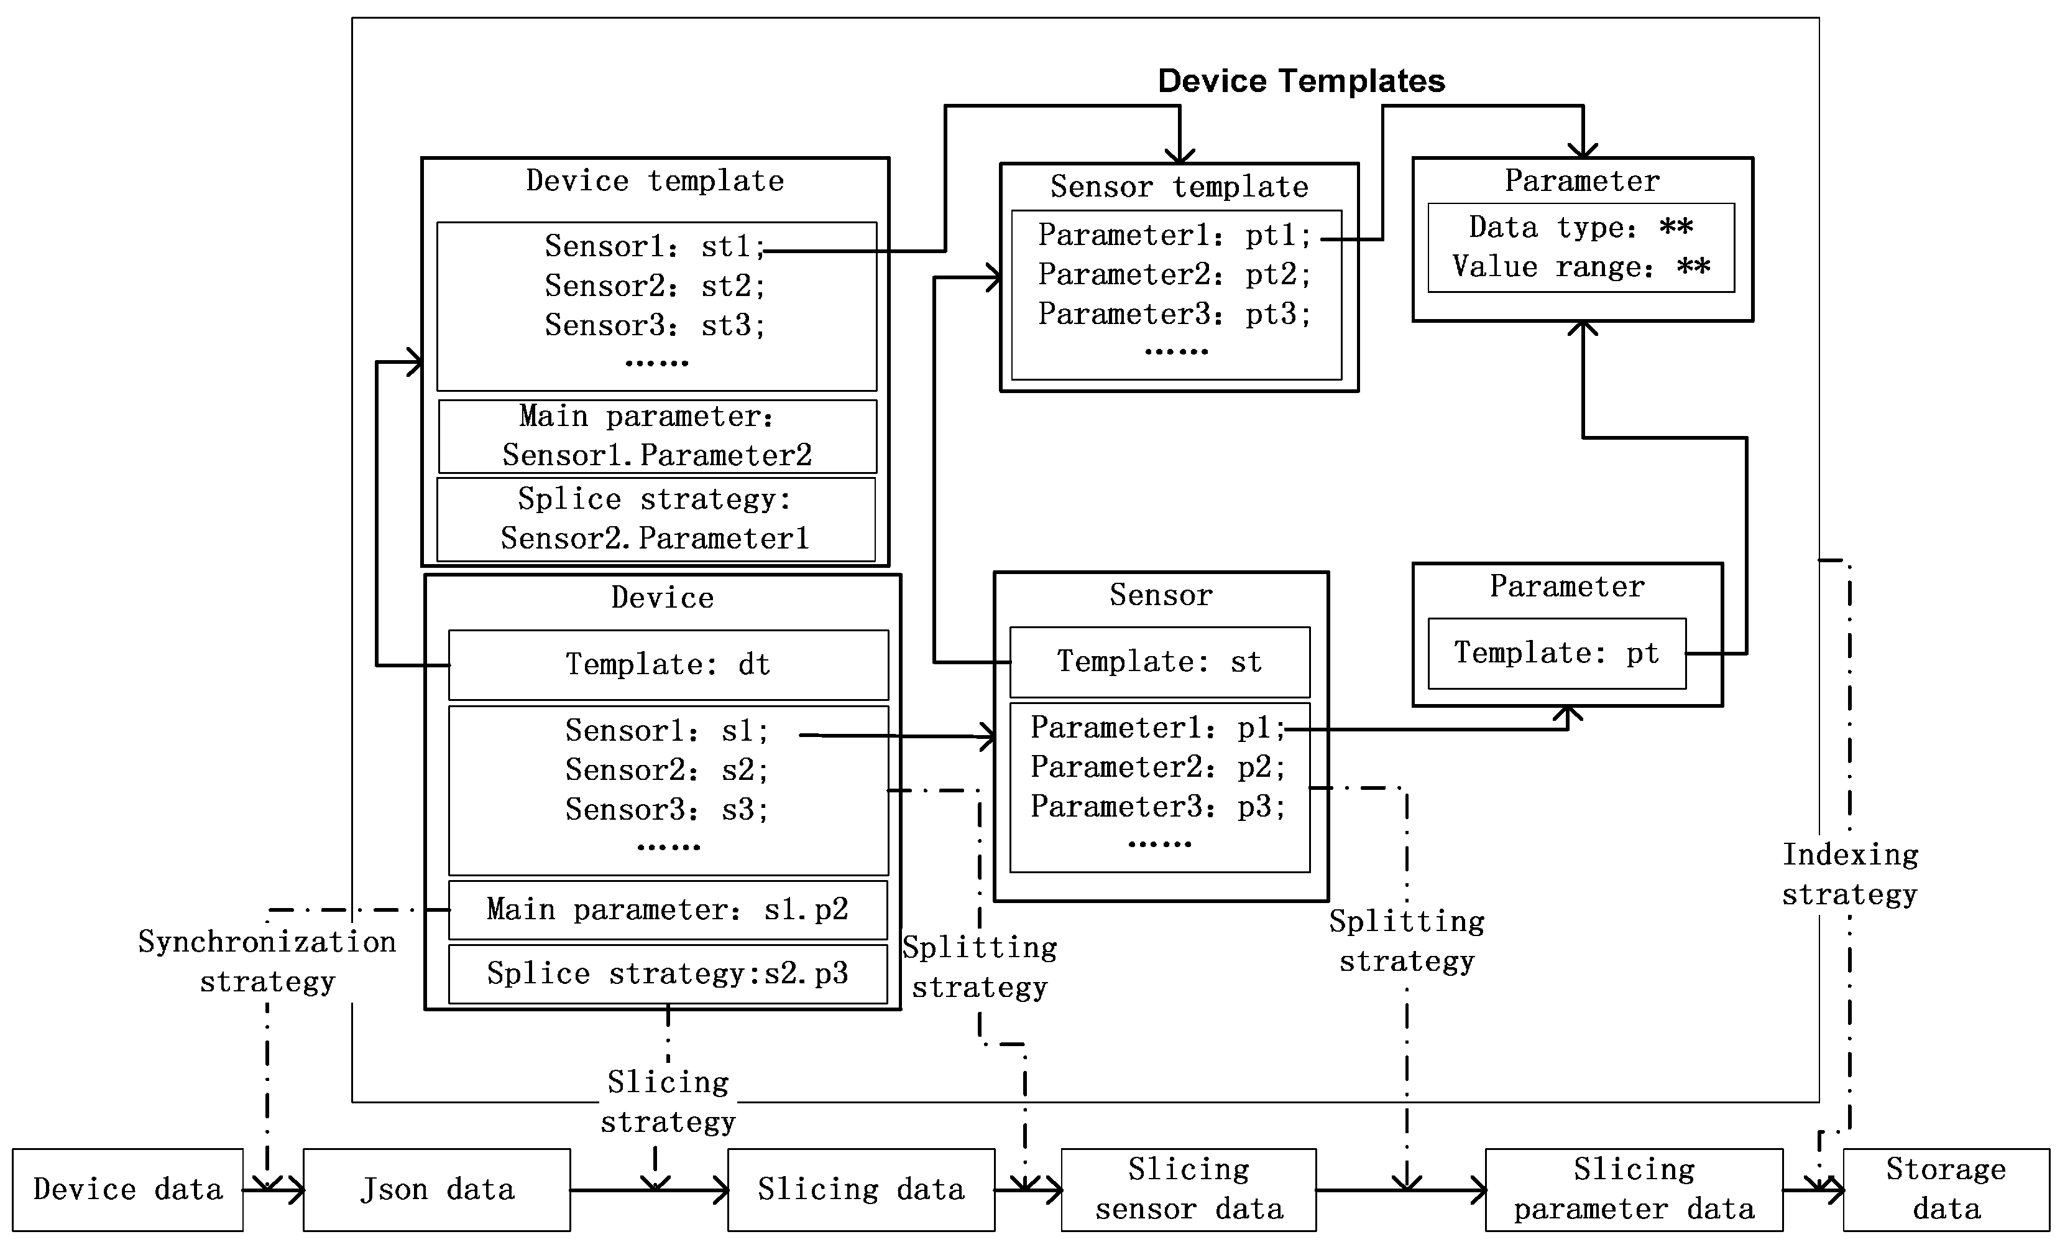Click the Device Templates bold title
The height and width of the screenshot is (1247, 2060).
[1301, 81]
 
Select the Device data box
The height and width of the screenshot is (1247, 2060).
[128, 1189]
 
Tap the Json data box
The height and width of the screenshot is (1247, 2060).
[436, 1189]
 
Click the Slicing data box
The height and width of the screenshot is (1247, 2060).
[860, 1189]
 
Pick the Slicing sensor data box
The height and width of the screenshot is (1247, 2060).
[1188, 1189]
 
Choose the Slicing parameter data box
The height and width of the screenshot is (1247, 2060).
[1633, 1189]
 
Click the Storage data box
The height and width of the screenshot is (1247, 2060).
[1946, 1189]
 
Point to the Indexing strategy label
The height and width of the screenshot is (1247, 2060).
[1849, 874]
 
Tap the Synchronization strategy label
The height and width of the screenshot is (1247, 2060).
[267, 961]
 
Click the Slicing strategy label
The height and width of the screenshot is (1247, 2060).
[668, 1101]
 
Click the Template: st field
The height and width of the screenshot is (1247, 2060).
[1159, 662]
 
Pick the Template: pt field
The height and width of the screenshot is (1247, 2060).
[1556, 653]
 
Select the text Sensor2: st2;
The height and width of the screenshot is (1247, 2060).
[655, 286]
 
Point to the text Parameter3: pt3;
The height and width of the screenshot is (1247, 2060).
[1175, 313]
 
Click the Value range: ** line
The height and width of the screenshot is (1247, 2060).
[1580, 267]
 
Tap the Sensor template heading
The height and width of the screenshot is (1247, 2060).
[1179, 187]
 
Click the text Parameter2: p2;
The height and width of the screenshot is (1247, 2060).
[1157, 767]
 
